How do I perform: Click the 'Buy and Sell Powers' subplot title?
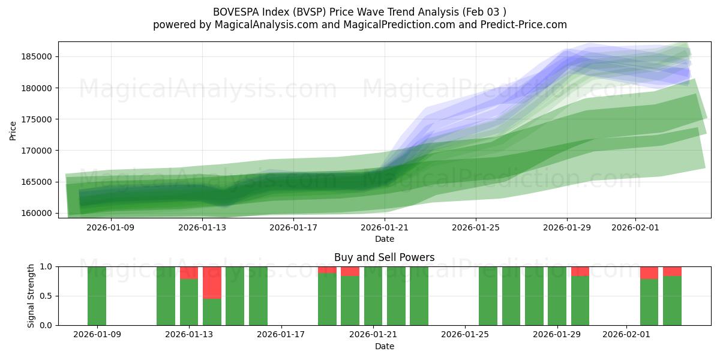click(x=384, y=257)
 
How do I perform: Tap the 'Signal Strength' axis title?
click(x=31, y=296)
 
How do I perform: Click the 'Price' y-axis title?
click(x=13, y=130)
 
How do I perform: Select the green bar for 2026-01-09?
click(x=97, y=296)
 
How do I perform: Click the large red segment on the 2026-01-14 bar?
click(x=212, y=282)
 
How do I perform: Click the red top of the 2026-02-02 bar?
click(x=649, y=272)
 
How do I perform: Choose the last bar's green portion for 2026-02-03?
click(x=672, y=300)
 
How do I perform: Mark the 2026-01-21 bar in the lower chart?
click(x=373, y=296)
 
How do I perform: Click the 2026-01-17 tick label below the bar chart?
click(x=281, y=335)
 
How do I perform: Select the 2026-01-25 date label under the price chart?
click(x=476, y=227)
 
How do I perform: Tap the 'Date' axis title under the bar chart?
click(x=384, y=346)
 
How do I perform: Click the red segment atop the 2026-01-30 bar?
click(x=580, y=271)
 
